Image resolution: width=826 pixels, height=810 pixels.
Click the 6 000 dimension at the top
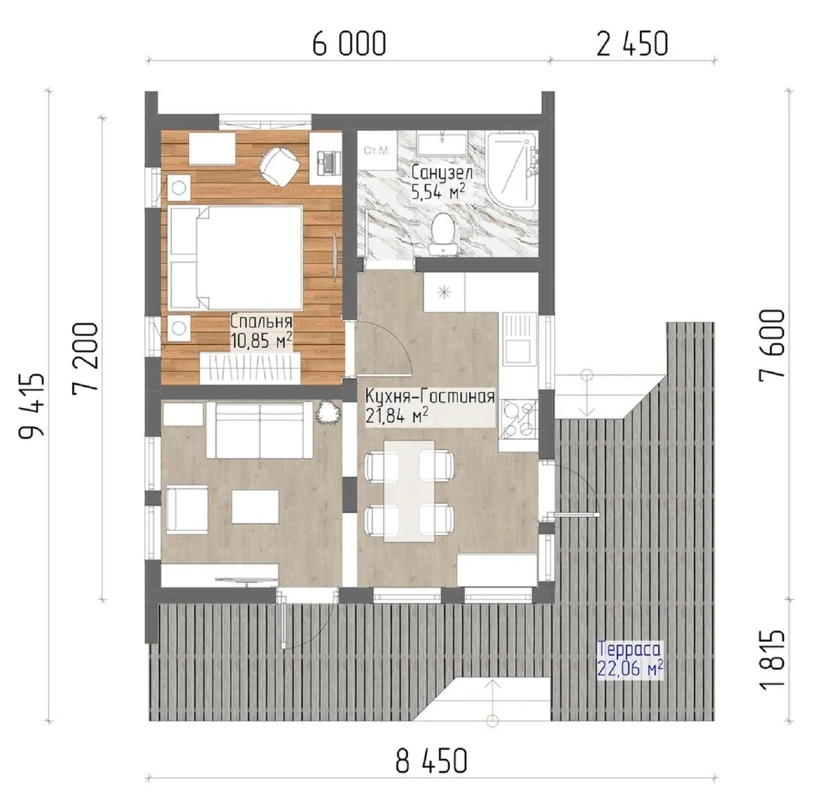click(x=350, y=43)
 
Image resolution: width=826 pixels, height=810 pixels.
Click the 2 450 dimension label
click(x=632, y=43)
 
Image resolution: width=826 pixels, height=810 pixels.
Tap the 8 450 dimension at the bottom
click(x=431, y=760)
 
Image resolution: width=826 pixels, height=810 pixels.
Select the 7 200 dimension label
click(x=86, y=356)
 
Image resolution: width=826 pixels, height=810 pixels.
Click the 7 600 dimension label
click(x=772, y=343)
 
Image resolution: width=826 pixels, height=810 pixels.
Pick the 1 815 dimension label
click(x=772, y=658)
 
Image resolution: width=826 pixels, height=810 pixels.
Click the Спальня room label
click(x=261, y=321)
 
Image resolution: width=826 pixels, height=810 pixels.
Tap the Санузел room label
click(x=442, y=172)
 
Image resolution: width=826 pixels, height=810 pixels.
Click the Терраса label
click(x=629, y=648)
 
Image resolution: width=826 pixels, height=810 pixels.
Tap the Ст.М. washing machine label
click(x=377, y=151)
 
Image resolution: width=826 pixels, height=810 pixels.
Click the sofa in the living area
click(x=260, y=430)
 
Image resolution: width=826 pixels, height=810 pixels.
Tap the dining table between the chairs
click(x=410, y=490)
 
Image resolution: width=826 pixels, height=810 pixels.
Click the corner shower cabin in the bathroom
click(x=512, y=169)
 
